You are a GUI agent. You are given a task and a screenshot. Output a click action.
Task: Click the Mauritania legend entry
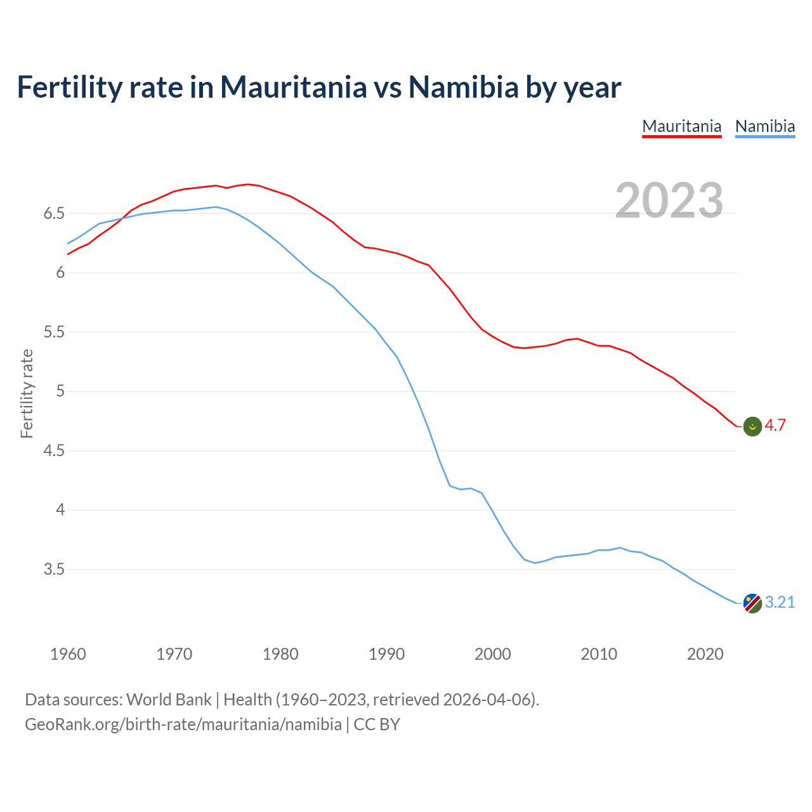pos(682,126)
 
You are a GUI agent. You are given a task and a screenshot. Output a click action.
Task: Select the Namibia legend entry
pos(765,126)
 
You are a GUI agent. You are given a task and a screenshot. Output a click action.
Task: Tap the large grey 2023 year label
pos(669,200)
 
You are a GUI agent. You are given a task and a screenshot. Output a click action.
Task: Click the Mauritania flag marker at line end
pos(752,427)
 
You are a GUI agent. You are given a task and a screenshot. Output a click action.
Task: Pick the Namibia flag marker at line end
pos(752,603)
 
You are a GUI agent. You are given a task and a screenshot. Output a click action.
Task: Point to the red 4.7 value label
pos(775,426)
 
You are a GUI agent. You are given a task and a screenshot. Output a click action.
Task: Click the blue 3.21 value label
pos(780,602)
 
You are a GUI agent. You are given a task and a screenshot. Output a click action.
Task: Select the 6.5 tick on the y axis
pos(54,214)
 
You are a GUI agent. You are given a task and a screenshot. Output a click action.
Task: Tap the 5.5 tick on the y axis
pos(54,332)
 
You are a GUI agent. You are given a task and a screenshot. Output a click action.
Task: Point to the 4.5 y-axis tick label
pos(54,451)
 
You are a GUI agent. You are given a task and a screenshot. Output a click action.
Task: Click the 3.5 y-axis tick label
pos(54,570)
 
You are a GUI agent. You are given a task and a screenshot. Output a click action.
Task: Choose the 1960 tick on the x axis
pos(68,654)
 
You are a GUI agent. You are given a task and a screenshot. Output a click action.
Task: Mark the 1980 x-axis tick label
pos(280,654)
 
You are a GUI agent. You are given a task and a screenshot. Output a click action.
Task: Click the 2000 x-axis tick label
pos(493,654)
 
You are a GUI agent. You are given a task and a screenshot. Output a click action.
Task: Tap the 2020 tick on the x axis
pos(705,654)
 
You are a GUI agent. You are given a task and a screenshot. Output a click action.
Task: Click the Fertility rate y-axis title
pos(27,393)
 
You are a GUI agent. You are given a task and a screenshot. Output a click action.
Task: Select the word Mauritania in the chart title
pos(293,87)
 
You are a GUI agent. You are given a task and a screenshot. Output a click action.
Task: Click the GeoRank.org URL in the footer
pos(183,724)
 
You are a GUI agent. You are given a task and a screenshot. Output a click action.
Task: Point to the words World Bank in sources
pos(169,700)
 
